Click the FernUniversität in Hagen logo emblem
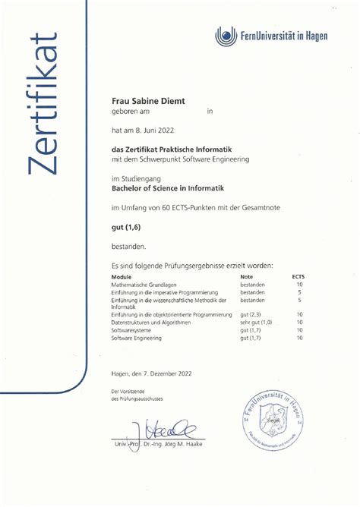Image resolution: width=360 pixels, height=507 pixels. tap(226, 35)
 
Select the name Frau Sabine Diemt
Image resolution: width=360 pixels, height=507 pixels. tap(144, 99)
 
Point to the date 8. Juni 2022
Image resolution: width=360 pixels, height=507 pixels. tap(157, 130)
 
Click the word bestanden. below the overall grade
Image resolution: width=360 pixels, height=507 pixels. tap(128, 246)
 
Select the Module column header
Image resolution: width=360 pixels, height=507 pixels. tap(122, 278)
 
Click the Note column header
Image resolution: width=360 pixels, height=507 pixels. tap(246, 278)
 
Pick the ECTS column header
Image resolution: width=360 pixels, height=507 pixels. tap(298, 278)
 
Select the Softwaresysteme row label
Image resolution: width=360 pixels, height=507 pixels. tap(131, 330)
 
